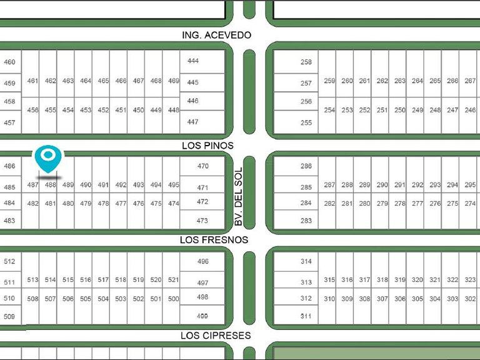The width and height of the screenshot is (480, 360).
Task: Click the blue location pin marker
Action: coord(48,159)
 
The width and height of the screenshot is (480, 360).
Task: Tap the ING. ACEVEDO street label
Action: coord(216,35)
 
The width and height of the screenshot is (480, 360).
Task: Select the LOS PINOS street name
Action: coord(207,146)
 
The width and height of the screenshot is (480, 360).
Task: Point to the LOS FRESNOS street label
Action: coord(214,240)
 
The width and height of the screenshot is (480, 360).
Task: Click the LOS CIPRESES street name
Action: coord(216,336)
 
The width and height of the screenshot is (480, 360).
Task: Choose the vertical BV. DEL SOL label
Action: coord(238,196)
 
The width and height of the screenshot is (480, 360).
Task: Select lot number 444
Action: coord(193,61)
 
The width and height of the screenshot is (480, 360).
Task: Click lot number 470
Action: coord(203,166)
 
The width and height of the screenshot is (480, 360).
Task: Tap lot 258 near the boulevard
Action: coord(306,62)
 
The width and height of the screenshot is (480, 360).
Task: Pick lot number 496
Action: coord(203,261)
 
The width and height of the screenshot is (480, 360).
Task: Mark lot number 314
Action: coord(306,261)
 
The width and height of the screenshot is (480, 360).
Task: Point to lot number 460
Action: coord(9,62)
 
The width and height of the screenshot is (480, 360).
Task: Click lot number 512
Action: coord(9,261)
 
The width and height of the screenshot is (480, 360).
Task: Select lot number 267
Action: coord(470,81)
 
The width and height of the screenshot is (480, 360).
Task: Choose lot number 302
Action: coord(470,299)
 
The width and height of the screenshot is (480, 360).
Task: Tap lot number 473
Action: coord(202,221)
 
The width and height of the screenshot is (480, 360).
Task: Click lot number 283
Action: coord(306,221)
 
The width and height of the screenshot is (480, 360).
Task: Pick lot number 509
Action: coord(9,316)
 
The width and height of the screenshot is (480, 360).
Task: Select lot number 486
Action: coord(9,166)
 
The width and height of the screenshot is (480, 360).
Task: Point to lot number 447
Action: coord(193,122)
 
